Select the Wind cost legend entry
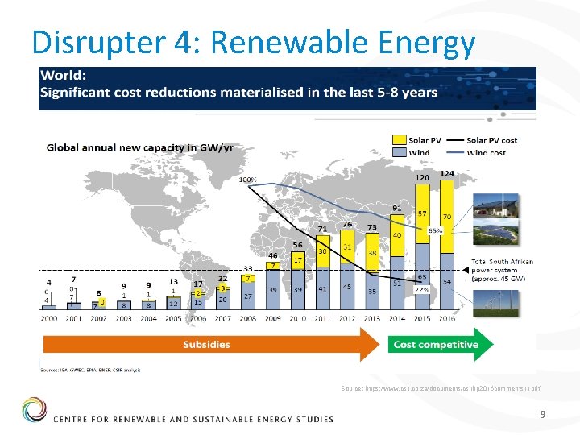[x=486, y=152]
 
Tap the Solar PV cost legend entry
[x=491, y=140]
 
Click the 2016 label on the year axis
[x=447, y=318]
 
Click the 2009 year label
[x=274, y=318]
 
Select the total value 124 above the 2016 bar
[x=447, y=174]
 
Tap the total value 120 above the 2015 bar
[x=422, y=177]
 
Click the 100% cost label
[x=248, y=180]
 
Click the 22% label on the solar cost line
[x=420, y=289]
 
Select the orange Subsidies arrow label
[x=207, y=344]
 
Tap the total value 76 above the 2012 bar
[x=347, y=224]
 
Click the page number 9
[x=543, y=415]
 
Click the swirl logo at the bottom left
[x=35, y=409]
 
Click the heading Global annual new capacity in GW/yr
[x=139, y=147]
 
